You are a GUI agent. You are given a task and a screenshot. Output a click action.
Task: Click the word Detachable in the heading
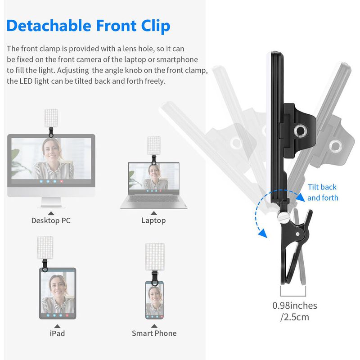point(49,25)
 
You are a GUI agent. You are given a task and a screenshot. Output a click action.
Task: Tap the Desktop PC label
point(51,220)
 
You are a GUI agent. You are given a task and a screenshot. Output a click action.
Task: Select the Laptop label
point(153,220)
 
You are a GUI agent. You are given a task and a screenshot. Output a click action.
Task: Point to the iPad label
point(58,333)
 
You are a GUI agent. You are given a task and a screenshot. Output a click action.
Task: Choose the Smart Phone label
point(154,333)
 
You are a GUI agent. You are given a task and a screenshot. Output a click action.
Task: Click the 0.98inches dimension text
point(295,306)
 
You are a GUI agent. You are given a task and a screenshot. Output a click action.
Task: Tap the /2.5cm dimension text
point(295,317)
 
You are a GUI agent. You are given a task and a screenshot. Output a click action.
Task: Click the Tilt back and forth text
point(323,193)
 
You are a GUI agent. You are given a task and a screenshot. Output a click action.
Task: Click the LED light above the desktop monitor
point(51,118)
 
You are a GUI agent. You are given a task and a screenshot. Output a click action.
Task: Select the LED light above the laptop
point(154,145)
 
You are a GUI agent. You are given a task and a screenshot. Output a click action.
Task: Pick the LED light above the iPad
point(45,248)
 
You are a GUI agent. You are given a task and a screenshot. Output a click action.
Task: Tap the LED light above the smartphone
point(155,256)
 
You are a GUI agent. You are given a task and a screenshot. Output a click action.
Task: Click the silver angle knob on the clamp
point(282,216)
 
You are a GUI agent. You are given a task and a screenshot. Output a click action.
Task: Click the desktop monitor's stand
point(51,203)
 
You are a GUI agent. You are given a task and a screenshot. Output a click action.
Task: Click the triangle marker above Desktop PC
point(51,213)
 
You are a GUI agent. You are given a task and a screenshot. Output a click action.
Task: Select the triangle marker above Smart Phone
point(154,326)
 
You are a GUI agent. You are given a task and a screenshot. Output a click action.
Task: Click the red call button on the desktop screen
point(62,181)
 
